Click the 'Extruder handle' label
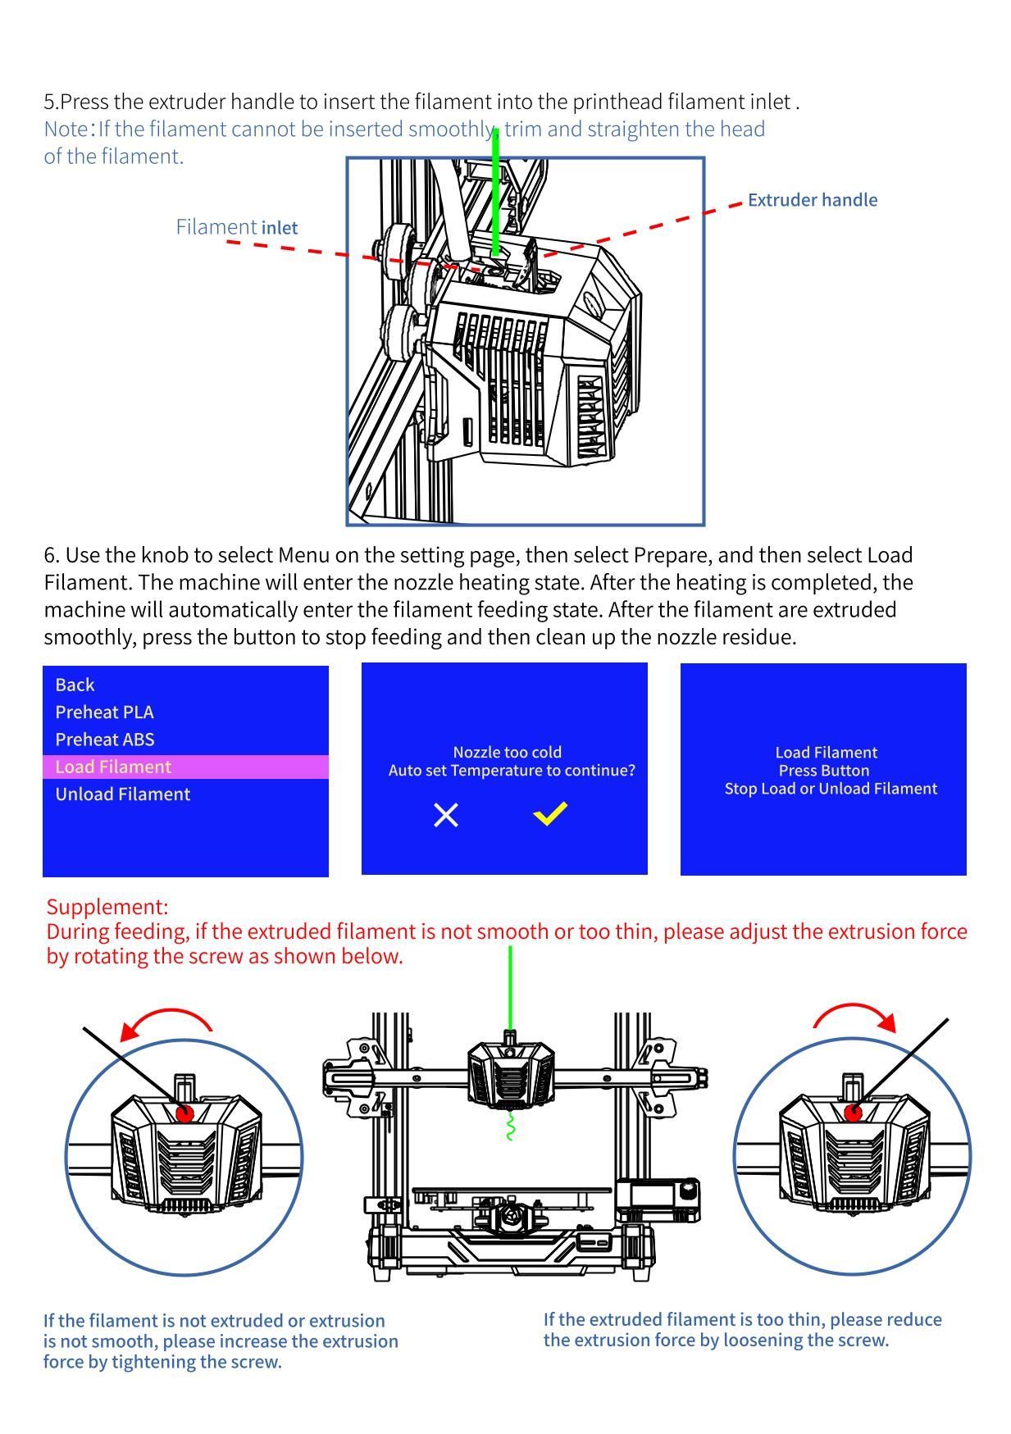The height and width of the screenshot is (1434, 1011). [812, 200]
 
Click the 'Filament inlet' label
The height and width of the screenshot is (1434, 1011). [236, 227]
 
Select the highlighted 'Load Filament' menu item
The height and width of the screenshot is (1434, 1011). [113, 767]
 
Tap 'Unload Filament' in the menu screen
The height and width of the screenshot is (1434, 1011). [122, 794]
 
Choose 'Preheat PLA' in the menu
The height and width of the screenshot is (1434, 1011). [104, 712]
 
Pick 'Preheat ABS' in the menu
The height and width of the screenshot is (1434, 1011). [104, 739]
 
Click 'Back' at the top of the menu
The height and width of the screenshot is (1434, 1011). [75, 685]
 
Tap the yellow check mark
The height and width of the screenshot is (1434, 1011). [550, 813]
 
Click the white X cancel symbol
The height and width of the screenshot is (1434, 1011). [446, 815]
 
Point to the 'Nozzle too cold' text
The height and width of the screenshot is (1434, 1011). [507, 752]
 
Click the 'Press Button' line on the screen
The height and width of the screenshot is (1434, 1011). [823, 771]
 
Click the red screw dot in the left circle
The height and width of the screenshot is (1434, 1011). [184, 1113]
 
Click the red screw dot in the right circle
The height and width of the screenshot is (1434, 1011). [854, 1113]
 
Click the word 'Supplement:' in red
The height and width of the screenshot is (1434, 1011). [107, 907]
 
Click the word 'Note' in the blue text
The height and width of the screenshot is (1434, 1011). [66, 130]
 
